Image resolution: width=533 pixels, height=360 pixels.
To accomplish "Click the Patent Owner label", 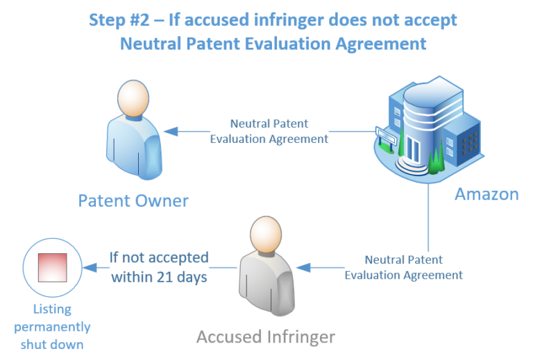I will pos(133,201).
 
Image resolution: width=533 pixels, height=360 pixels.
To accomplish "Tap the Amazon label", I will pos(487,194).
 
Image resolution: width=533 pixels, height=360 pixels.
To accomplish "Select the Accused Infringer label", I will pos(266,337).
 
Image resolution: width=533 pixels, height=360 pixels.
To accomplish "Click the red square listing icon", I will pos(52,268).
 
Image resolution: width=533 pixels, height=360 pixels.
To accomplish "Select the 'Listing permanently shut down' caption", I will pos(52,326).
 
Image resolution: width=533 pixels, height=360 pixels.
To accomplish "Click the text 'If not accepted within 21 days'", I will pos(159,266).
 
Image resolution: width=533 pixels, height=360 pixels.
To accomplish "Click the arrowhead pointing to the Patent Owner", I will pos(171,130).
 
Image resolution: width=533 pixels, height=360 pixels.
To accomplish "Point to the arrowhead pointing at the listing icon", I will pos(89,267).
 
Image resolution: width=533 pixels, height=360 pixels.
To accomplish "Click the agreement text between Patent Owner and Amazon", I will pos(269,131).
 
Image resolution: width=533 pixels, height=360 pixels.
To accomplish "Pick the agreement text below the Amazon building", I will pos(403,267).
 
